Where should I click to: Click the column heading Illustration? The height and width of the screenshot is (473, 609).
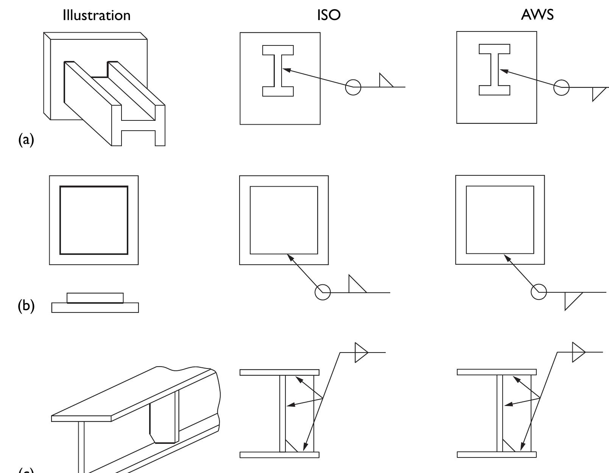(97, 15)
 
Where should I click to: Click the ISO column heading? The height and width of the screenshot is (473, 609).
(329, 15)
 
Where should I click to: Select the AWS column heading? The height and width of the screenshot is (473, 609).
(537, 15)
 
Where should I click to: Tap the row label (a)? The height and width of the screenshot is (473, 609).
(26, 140)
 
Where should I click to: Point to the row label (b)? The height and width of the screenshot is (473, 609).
(26, 305)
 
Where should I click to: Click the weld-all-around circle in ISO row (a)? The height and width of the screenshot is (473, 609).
(353, 87)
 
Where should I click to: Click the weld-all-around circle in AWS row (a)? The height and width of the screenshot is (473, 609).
(561, 87)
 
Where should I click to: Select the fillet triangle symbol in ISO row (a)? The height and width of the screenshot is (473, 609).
(385, 81)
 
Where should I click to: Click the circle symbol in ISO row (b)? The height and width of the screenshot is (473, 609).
(322, 292)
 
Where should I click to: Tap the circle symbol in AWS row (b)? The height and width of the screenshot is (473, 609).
(539, 292)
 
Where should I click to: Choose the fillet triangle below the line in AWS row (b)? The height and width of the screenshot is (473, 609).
(571, 299)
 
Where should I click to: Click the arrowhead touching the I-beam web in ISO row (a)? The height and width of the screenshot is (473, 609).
(287, 70)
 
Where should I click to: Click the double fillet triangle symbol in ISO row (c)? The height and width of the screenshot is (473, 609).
(360, 353)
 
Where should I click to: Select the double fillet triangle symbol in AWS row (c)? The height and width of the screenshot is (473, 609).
(578, 352)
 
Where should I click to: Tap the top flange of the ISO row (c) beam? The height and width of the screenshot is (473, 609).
(279, 372)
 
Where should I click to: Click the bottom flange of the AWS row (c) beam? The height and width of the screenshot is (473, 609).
(496, 454)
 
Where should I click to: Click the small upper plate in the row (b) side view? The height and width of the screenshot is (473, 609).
(95, 298)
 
